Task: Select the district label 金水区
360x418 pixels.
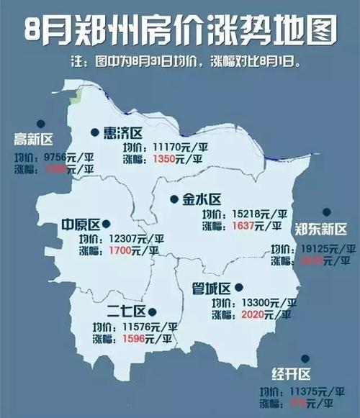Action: click(x=200, y=199)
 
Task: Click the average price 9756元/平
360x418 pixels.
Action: click(x=69, y=157)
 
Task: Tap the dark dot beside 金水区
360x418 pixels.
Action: click(x=174, y=199)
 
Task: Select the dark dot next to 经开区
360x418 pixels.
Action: click(x=306, y=358)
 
